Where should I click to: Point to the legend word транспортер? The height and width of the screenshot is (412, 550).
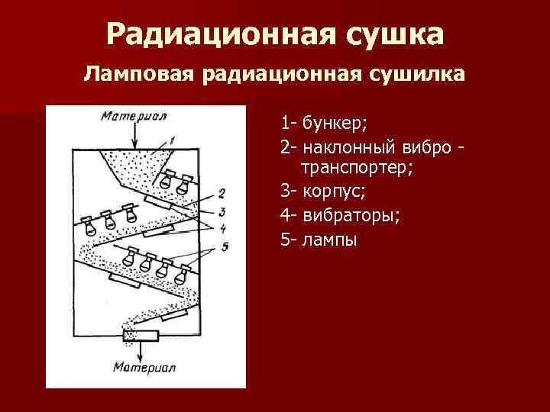[357, 168]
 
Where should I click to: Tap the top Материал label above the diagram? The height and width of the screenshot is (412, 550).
[134, 116]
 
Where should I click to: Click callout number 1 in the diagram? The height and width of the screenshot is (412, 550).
[173, 140]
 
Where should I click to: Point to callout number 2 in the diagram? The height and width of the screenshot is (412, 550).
[221, 192]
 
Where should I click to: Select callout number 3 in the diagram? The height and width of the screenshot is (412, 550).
[222, 211]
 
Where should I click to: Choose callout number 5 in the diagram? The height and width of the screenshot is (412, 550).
[224, 246]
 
